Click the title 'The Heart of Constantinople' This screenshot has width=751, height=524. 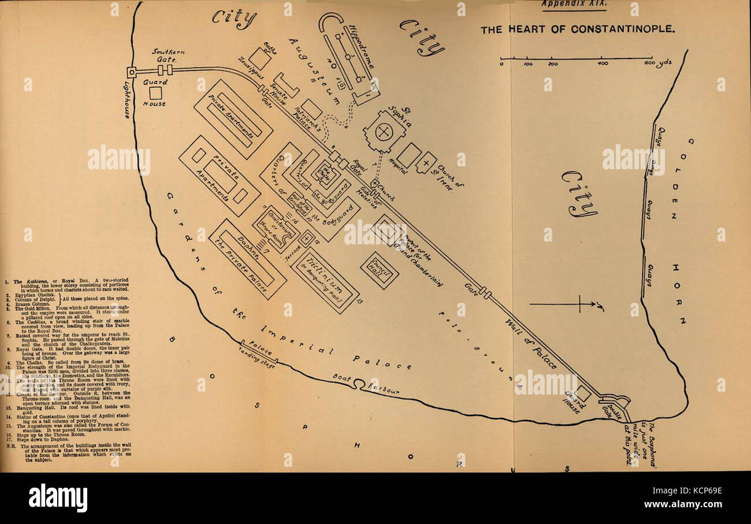[x=577, y=29]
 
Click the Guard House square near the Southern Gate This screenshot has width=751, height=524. [x=155, y=93]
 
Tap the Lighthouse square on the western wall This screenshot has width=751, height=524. [x=132, y=72]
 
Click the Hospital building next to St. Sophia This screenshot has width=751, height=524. [x=409, y=155]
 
